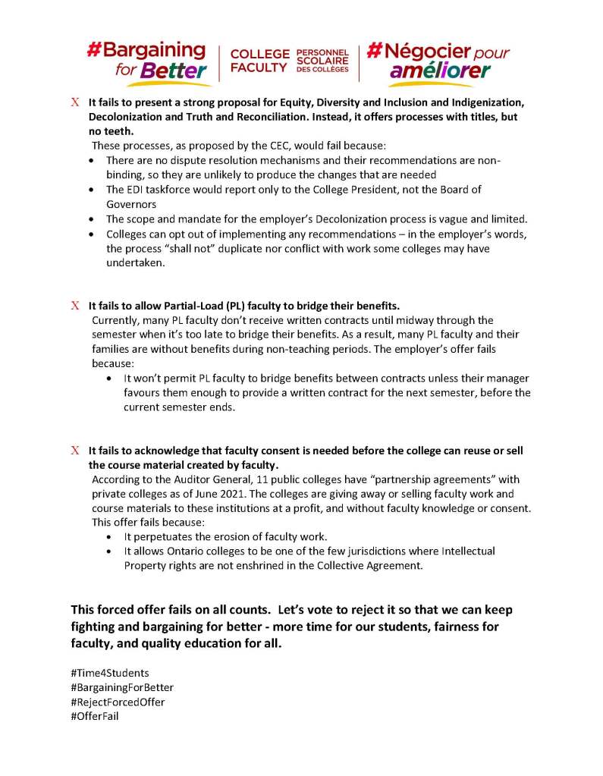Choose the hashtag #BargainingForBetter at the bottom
122,687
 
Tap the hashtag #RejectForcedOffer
118,702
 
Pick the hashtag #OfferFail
94,715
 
